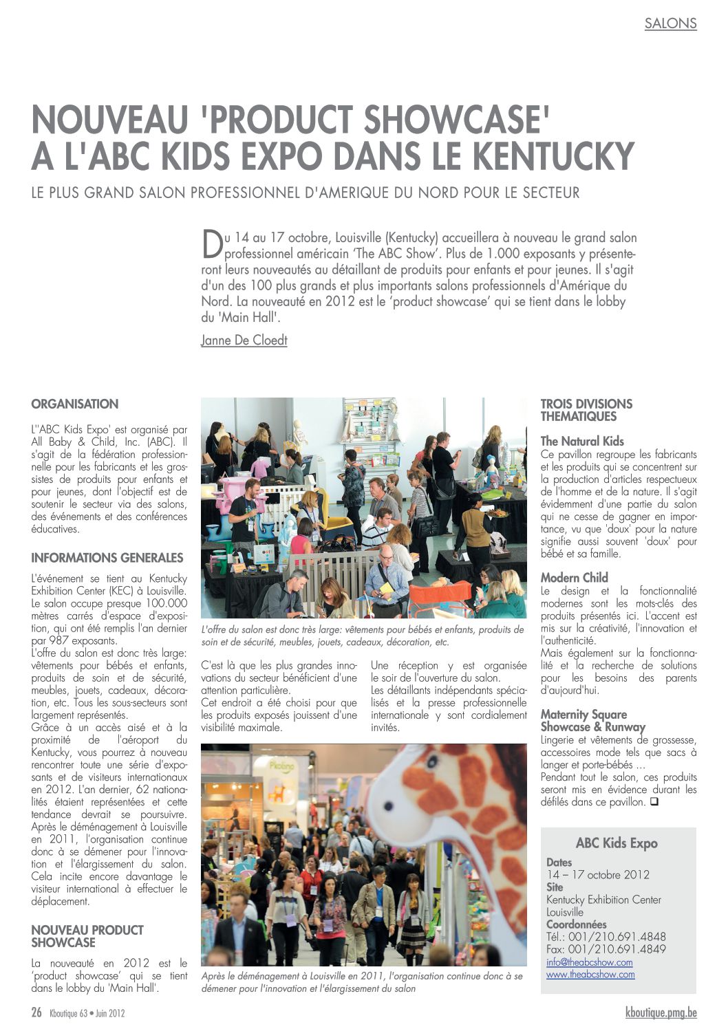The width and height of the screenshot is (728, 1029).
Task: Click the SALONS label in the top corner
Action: (670, 23)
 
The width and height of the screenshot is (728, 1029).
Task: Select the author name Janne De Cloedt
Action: (244, 340)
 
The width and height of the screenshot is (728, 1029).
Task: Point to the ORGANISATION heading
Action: (74, 404)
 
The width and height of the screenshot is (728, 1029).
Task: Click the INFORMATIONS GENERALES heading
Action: (107, 558)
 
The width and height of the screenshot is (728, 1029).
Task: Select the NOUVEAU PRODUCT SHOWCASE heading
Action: (87, 936)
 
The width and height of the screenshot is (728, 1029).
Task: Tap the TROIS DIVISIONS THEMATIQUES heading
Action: (586, 410)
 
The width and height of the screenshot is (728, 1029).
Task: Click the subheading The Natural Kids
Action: (582, 441)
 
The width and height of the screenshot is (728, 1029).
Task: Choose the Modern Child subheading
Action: (575, 577)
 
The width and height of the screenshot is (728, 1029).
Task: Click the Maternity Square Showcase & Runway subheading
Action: (592, 720)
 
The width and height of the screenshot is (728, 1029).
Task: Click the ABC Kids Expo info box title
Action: (617, 843)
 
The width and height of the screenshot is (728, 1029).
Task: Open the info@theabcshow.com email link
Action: (589, 962)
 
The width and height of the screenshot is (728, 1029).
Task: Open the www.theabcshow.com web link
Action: (590, 974)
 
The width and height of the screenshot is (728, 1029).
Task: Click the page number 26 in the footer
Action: (36, 1012)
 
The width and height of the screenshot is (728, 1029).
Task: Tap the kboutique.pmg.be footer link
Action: (661, 1012)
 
